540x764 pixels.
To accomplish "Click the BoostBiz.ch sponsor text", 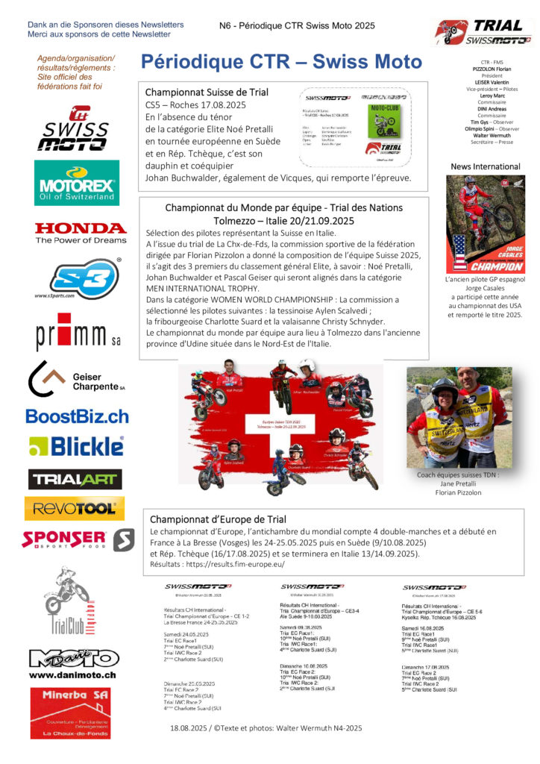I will [x=77, y=416].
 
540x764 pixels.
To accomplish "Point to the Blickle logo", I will [x=76, y=446].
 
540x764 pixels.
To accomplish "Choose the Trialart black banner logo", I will [x=75, y=479].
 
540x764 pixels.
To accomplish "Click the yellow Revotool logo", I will [x=75, y=509].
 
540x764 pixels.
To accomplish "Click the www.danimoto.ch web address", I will [x=72, y=675].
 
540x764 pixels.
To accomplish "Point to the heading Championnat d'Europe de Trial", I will [x=218, y=519].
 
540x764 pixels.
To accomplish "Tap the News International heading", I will [x=486, y=166].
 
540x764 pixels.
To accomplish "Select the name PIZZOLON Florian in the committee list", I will [x=486, y=68].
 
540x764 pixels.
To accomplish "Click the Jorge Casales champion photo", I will [x=486, y=225].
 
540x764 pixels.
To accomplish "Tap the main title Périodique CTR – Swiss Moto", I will [x=281, y=61].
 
